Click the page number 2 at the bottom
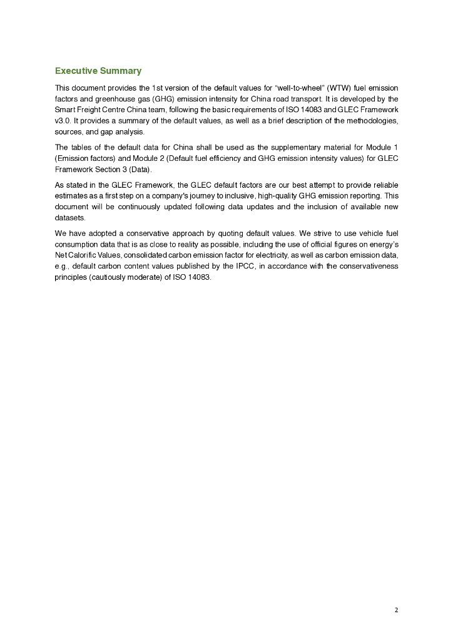click(x=396, y=610)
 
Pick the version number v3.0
click(x=63, y=120)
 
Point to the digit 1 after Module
click(x=396, y=148)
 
